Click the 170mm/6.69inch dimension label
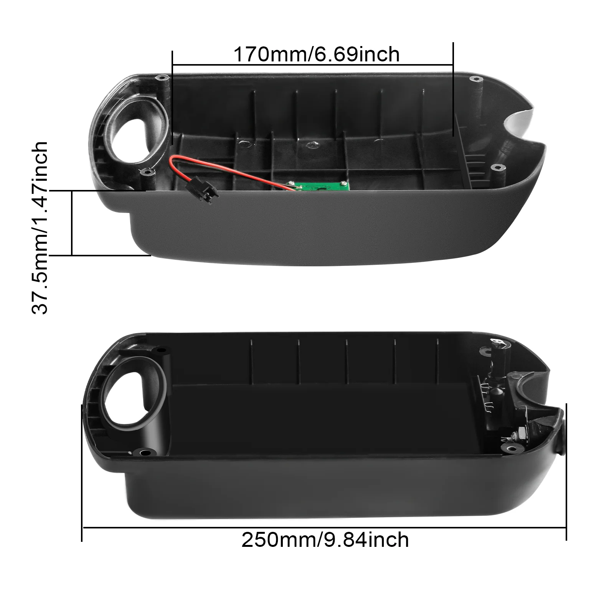point(317,54)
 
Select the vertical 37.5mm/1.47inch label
point(40,228)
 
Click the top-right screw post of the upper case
point(476,79)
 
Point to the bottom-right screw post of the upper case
point(497,167)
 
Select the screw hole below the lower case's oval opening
point(145,452)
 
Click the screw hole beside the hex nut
point(511,448)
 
